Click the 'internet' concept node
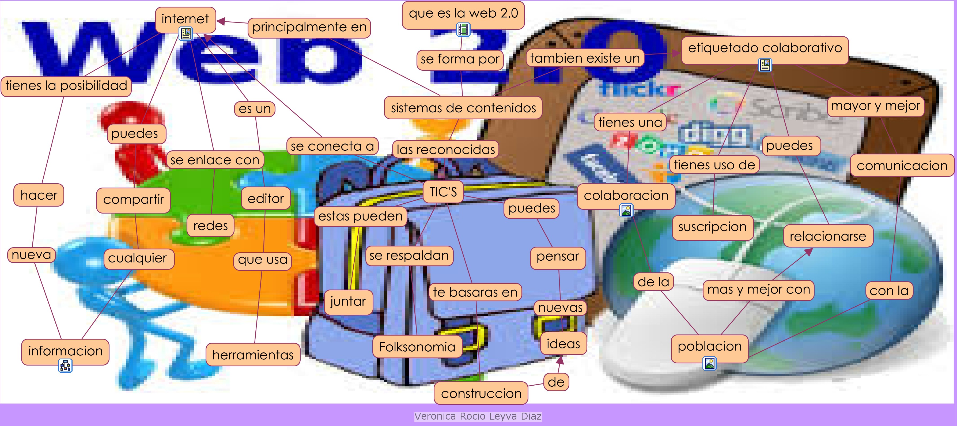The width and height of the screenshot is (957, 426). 185,18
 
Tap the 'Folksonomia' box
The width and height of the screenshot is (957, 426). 417,347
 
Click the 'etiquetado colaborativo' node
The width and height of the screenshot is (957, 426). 765,48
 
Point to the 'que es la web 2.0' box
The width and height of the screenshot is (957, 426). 463,13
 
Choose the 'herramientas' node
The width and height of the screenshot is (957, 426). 253,355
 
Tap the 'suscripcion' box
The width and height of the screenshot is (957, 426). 712,227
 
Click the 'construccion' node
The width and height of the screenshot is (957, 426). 481,393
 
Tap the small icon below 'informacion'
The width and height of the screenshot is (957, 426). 65,366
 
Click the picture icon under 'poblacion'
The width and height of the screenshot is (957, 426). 709,363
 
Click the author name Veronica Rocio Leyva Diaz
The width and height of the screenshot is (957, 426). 478,416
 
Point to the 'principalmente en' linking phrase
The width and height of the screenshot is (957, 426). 309,27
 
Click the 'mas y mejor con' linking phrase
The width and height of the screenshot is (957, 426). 758,289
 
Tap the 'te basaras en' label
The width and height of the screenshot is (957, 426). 475,292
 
